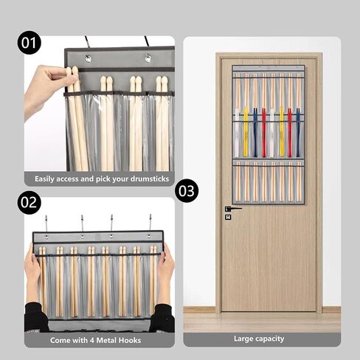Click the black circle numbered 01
pyautogui.click(x=29, y=43)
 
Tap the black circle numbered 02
pyautogui.click(x=29, y=202)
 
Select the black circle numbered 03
pyautogui.click(x=187, y=191)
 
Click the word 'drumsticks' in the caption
pyautogui.click(x=150, y=179)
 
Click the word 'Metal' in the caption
pyautogui.click(x=106, y=340)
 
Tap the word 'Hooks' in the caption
pyautogui.click(x=130, y=340)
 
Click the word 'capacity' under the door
pyautogui.click(x=270, y=339)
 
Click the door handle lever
pyautogui.click(x=233, y=209)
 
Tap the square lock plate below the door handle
pyautogui.click(x=228, y=217)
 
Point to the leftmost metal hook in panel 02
pyautogui.click(x=46, y=224)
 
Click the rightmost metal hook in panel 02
pyautogui.click(x=150, y=223)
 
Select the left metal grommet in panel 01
pyautogui.click(x=88, y=59)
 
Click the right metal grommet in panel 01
pyautogui.click(x=148, y=58)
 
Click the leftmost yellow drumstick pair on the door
pyautogui.click(x=246, y=132)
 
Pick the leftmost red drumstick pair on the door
pyautogui.click(x=264, y=133)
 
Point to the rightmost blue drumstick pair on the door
pyautogui.click(x=298, y=132)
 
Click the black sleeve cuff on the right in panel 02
pyautogui.click(x=162, y=318)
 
